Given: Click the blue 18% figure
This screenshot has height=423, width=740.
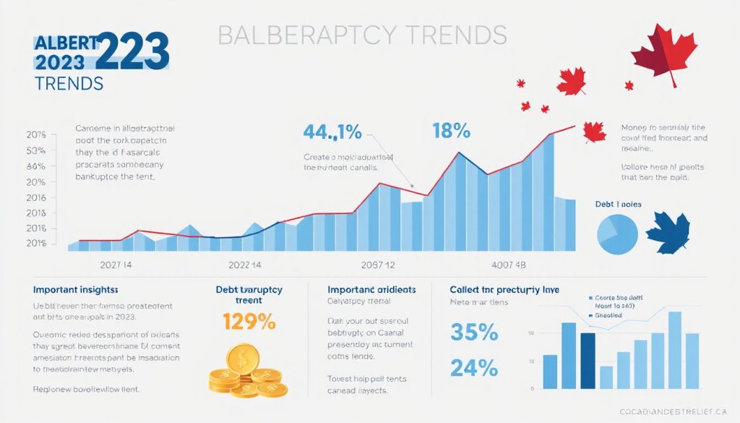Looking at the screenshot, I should pos(451,131).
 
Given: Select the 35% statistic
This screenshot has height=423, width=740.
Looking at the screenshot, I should pos(473,333).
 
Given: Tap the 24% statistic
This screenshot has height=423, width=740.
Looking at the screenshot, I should pos(473,367).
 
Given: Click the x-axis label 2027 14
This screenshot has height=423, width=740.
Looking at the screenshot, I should pos(109,264).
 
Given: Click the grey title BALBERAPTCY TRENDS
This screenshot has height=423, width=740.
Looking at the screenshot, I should pos(361,35).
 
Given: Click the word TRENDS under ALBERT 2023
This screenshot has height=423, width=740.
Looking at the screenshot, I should pos(68,83).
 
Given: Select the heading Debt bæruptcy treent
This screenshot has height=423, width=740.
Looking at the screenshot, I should pos(249,294).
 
